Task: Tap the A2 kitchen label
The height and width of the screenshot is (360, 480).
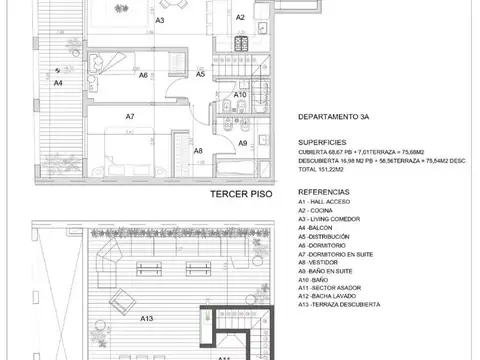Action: tap(240, 17)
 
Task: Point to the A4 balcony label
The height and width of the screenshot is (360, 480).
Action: tap(58, 84)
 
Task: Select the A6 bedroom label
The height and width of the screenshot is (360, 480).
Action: tap(144, 75)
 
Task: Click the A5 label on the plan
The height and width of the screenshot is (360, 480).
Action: tap(200, 74)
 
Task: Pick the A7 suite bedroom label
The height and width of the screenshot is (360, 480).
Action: tap(130, 116)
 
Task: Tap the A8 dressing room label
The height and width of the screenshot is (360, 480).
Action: tap(198, 151)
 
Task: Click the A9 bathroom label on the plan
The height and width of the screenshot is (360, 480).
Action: tap(242, 144)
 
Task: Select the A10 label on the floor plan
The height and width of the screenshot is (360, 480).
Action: tap(240, 95)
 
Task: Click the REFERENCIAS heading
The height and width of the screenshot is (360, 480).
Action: tap(325, 188)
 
